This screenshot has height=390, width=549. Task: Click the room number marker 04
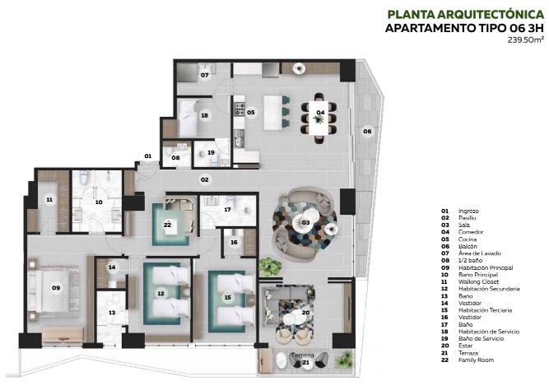(320, 112)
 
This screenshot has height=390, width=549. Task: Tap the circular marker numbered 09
(56, 287)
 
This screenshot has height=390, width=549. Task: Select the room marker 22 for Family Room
(167, 225)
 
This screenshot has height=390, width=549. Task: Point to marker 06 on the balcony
(368, 131)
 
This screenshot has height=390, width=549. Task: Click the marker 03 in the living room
(305, 222)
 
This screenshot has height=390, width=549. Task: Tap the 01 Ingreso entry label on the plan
(148, 156)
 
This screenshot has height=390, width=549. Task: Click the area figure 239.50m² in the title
(527, 39)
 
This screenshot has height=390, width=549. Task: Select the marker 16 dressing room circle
(234, 242)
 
